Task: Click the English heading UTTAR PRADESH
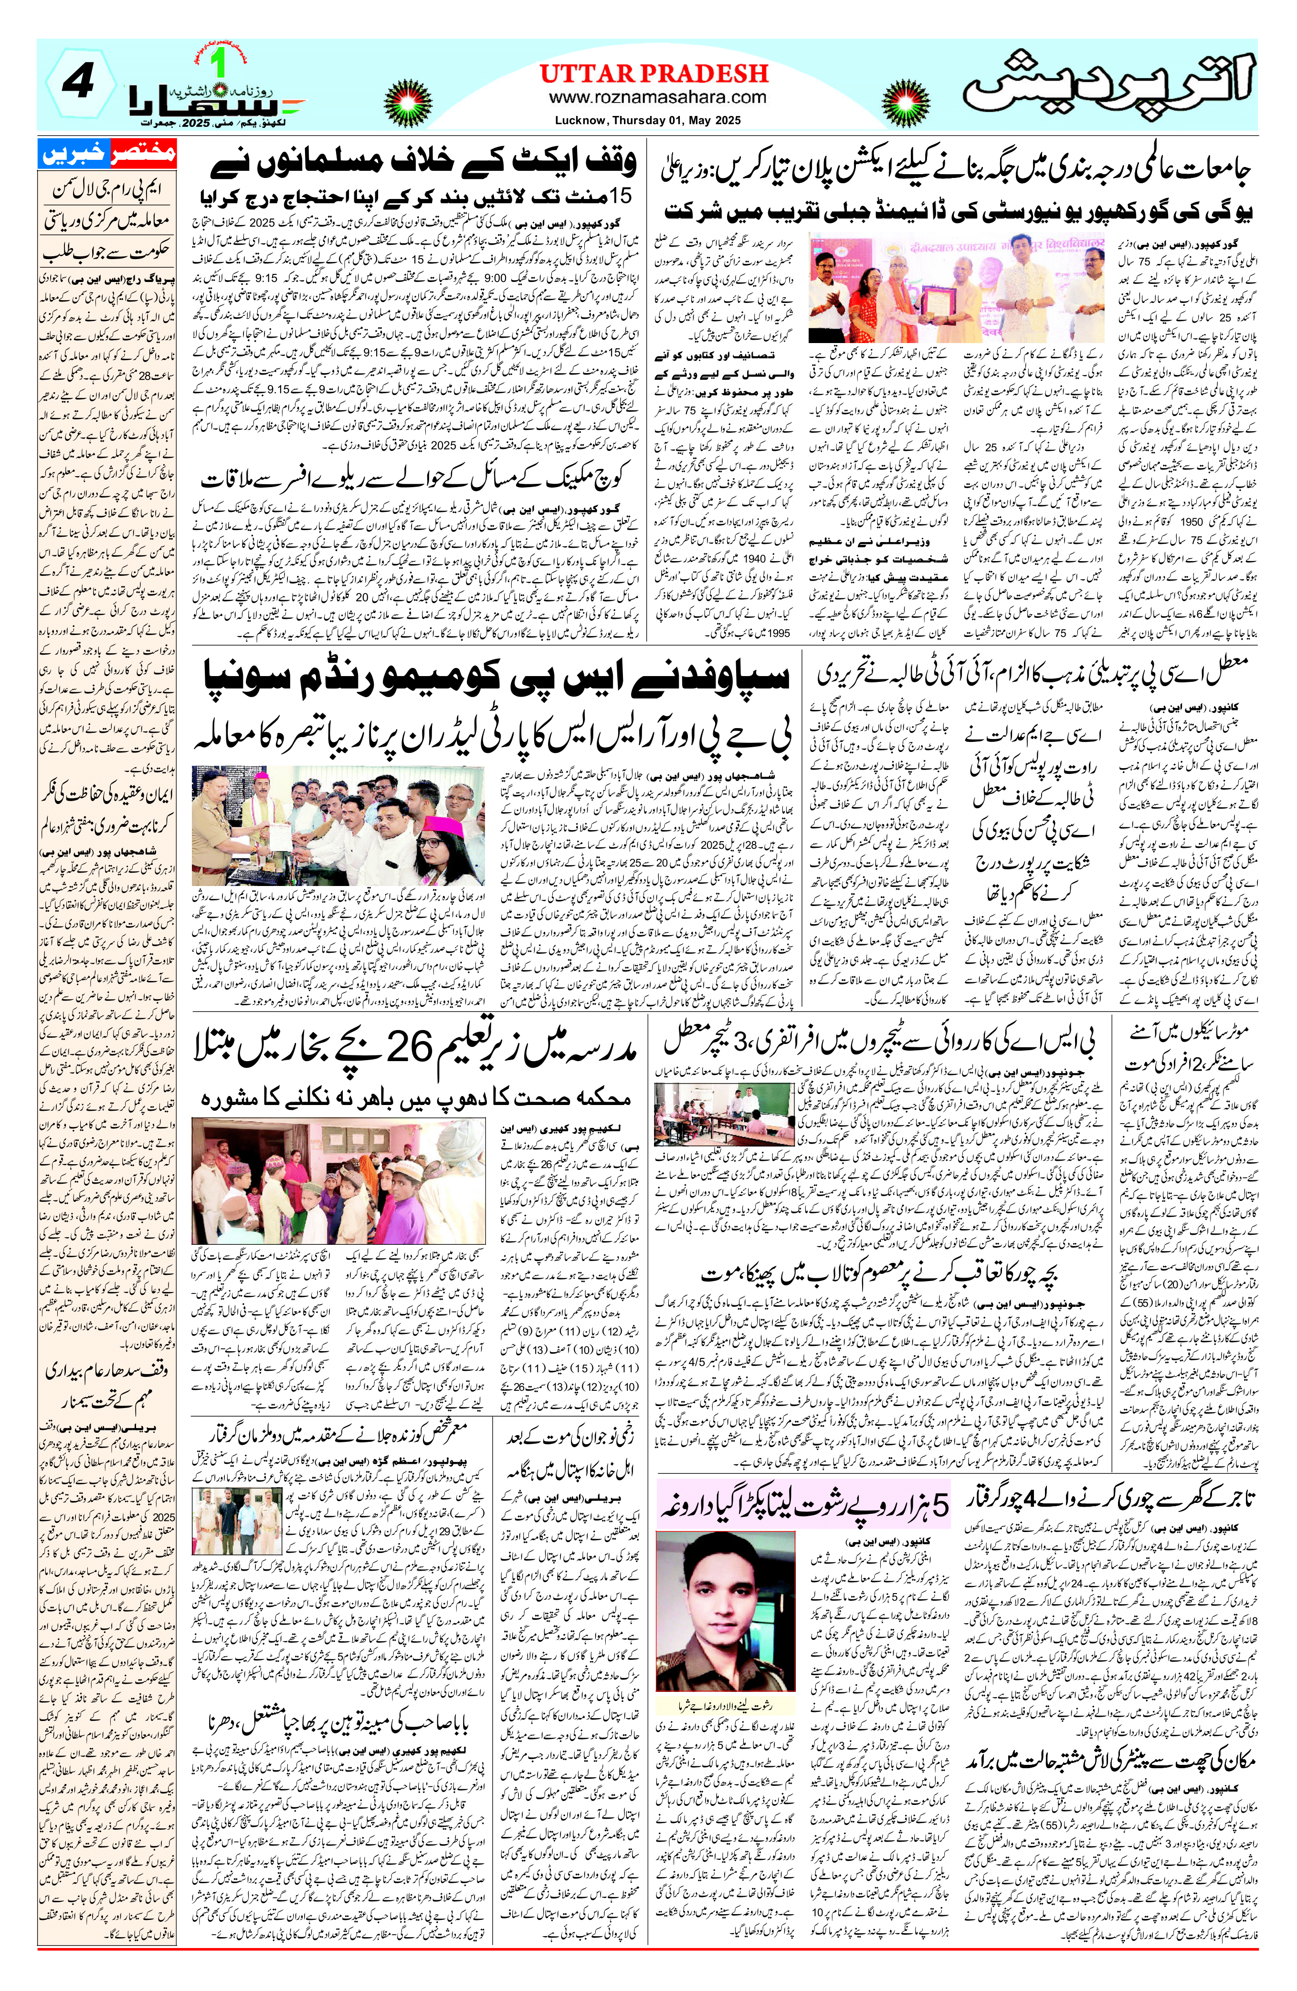(653, 73)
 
